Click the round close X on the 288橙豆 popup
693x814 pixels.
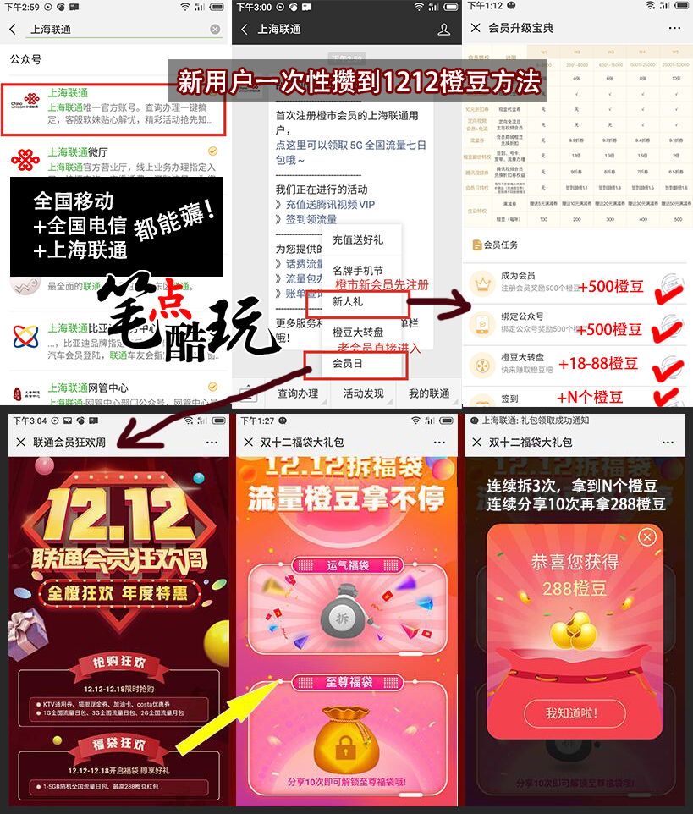point(647,537)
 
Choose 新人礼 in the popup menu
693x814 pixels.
point(347,301)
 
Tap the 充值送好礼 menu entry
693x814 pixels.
point(357,239)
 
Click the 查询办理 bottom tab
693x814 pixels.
point(298,393)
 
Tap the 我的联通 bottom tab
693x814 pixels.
point(429,393)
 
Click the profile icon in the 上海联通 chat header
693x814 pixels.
point(443,30)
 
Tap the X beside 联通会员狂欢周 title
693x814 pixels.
point(20,443)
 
